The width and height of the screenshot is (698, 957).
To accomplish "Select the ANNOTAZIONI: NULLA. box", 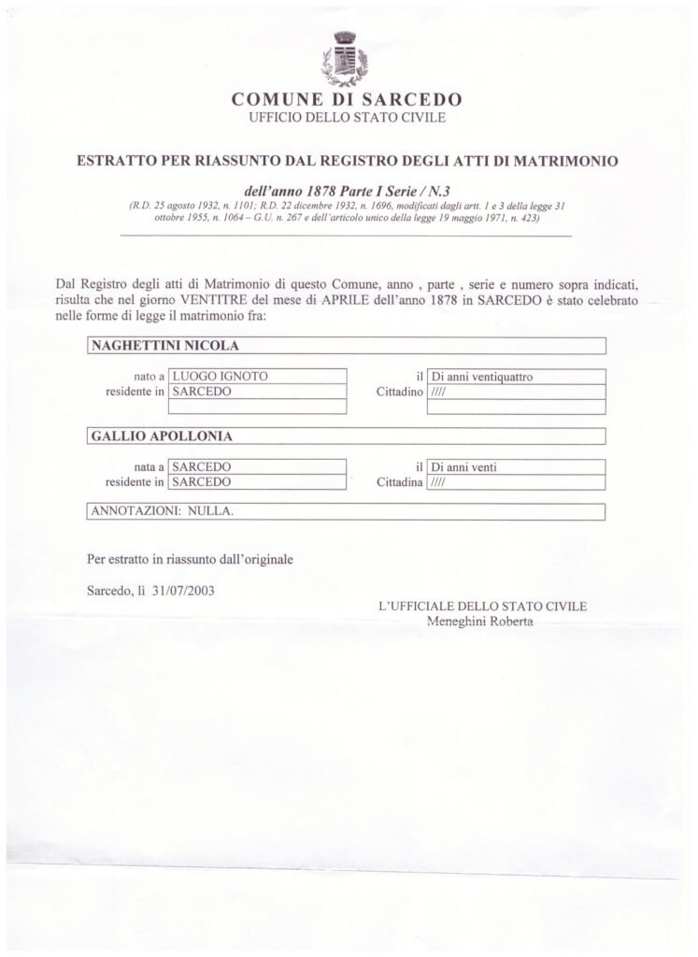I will [346, 512].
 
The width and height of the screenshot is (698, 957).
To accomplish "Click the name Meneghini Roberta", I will [479, 621].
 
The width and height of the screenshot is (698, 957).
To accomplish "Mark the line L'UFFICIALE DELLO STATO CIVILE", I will [482, 606].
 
